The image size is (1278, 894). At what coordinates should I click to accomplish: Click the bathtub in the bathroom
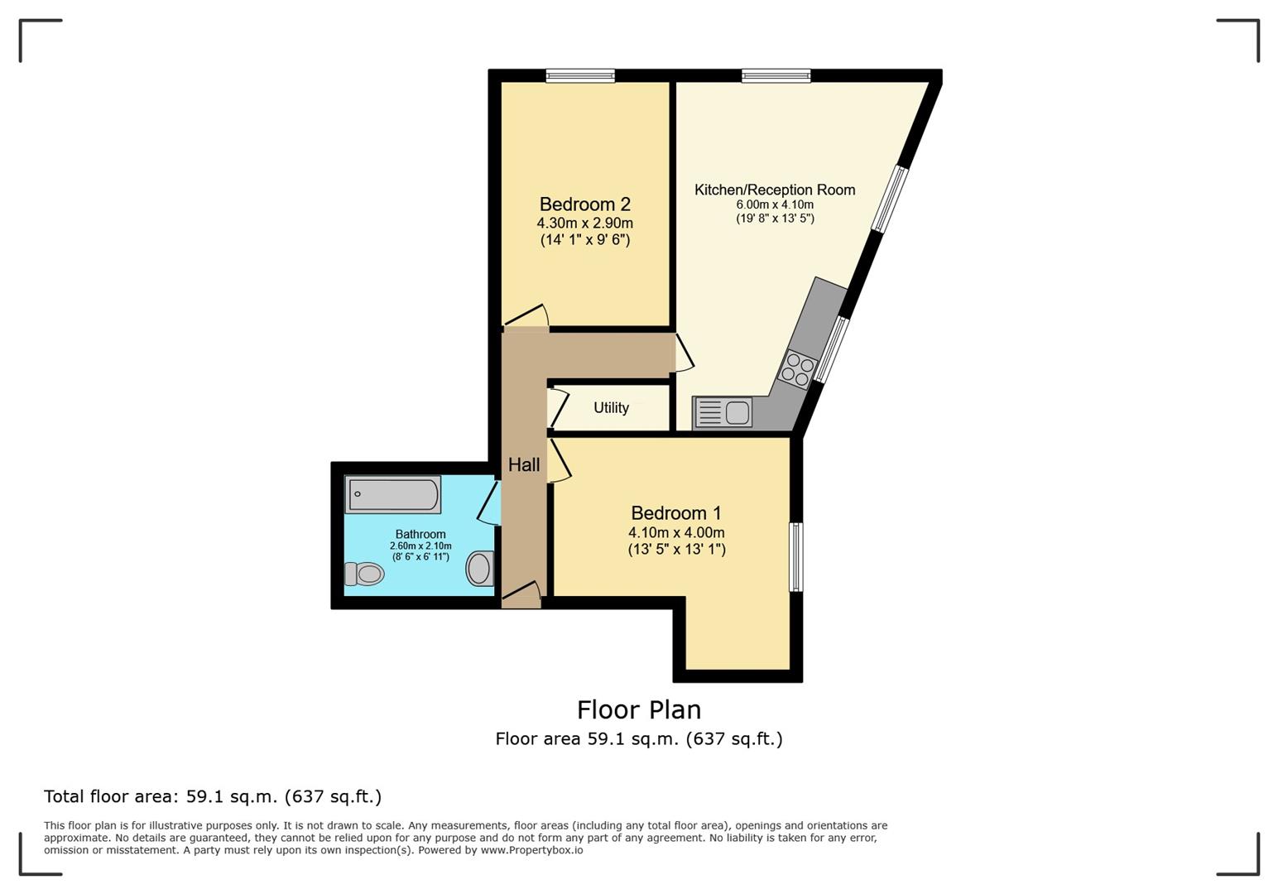point(392,494)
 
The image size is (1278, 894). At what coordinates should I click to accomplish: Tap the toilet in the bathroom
point(364,574)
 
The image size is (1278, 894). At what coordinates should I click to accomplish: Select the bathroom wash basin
point(480,568)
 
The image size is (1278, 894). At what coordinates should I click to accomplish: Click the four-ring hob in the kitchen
point(798,369)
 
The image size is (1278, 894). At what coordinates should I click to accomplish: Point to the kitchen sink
point(723,412)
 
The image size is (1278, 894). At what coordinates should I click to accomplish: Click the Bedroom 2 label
point(585,204)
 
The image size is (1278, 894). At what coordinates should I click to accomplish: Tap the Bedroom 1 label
point(676,513)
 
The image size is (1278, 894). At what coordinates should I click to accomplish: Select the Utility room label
point(611,408)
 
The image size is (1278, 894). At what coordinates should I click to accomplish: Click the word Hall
point(524,465)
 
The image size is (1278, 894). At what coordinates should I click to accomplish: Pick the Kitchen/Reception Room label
point(775,190)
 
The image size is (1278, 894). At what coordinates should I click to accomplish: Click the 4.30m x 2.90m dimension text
point(585,223)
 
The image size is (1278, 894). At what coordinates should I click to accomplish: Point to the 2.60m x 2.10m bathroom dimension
point(420,546)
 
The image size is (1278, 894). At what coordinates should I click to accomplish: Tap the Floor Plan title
point(639,710)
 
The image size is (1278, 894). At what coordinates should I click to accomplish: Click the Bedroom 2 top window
point(580,75)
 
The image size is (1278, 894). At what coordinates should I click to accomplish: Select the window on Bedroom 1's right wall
point(796,557)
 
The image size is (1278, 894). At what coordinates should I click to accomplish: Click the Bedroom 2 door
point(526,317)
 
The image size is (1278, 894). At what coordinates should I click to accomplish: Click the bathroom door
point(489,502)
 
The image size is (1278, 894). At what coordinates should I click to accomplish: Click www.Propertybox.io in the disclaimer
point(531,850)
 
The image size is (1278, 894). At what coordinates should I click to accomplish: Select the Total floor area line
point(213,796)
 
